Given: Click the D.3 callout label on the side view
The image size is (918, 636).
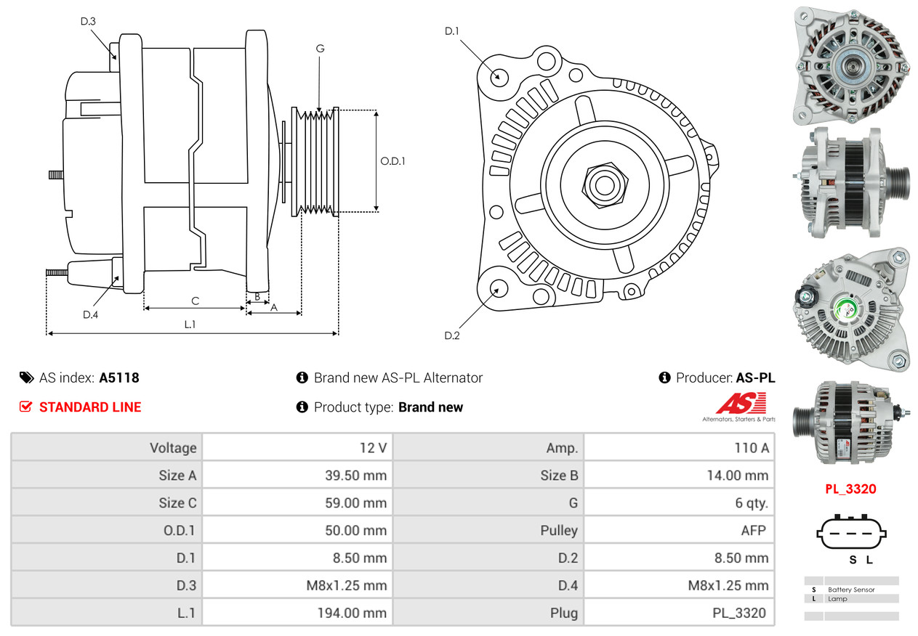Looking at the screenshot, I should pos(88,21).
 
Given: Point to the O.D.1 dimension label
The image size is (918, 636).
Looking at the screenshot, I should pos(392,160).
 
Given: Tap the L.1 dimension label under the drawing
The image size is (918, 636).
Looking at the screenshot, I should pos(190,325).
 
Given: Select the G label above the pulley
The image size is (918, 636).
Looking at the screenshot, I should pos(320,49).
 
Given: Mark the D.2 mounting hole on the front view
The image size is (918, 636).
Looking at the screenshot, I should pos(498,288).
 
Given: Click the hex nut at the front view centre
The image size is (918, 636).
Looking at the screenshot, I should pos(603,184).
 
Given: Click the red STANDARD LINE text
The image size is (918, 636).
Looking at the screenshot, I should pos(90,407).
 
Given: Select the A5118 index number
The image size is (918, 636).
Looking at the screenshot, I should pos(119,378).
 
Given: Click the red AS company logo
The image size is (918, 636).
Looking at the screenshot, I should pos(741,404).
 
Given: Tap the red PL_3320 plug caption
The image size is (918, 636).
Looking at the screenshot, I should pos(850,489).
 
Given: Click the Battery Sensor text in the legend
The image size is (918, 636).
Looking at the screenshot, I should pos(851,590).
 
